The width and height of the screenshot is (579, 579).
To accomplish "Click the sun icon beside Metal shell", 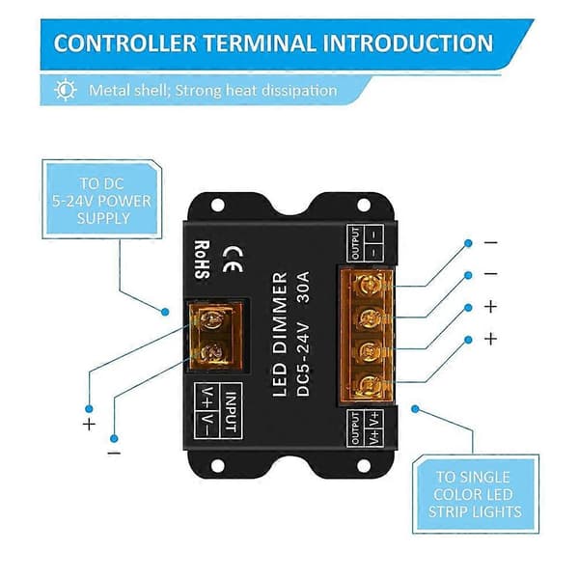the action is coord(66,90).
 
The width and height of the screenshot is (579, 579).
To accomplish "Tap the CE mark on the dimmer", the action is coord(233,260).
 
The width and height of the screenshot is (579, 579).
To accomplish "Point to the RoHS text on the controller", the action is coord(203,260).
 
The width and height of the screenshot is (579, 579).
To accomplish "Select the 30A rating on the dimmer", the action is coord(303,288).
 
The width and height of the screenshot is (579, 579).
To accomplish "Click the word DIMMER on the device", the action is coord(280,313).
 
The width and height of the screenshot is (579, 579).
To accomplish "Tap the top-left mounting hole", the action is coord(217,205).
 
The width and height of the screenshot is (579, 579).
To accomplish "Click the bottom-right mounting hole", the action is coord(364,466).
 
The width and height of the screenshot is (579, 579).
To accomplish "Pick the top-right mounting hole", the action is coord(364,205).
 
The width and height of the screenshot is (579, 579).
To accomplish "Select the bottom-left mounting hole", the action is coord(217,466).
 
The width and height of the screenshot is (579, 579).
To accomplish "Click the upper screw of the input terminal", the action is coord(212,319).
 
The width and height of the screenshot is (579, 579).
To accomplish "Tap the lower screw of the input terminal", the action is coord(212,351).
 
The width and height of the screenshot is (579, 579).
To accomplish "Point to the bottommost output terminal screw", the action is coord(370,385).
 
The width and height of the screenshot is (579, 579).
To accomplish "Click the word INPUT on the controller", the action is coord(231,411).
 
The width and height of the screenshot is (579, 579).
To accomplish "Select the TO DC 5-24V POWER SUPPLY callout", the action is coord(102,200).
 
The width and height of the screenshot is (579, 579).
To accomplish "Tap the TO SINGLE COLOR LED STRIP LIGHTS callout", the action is coord(475,494).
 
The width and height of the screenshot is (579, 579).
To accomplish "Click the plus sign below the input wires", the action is coord(89,425).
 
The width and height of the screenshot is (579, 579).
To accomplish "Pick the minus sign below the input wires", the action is coord(114,454).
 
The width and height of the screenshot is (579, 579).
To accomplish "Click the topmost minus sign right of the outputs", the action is coord(491,242).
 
